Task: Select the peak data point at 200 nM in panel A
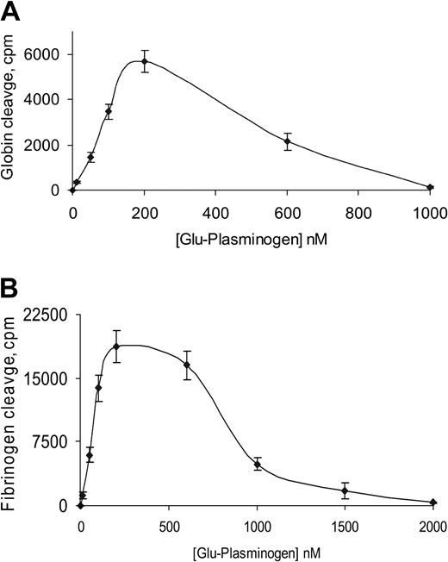coord(145,61)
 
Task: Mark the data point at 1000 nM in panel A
coord(430,187)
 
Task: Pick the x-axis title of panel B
coord(254,548)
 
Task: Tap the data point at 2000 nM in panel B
coord(432,503)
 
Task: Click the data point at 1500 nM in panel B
coord(345,490)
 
